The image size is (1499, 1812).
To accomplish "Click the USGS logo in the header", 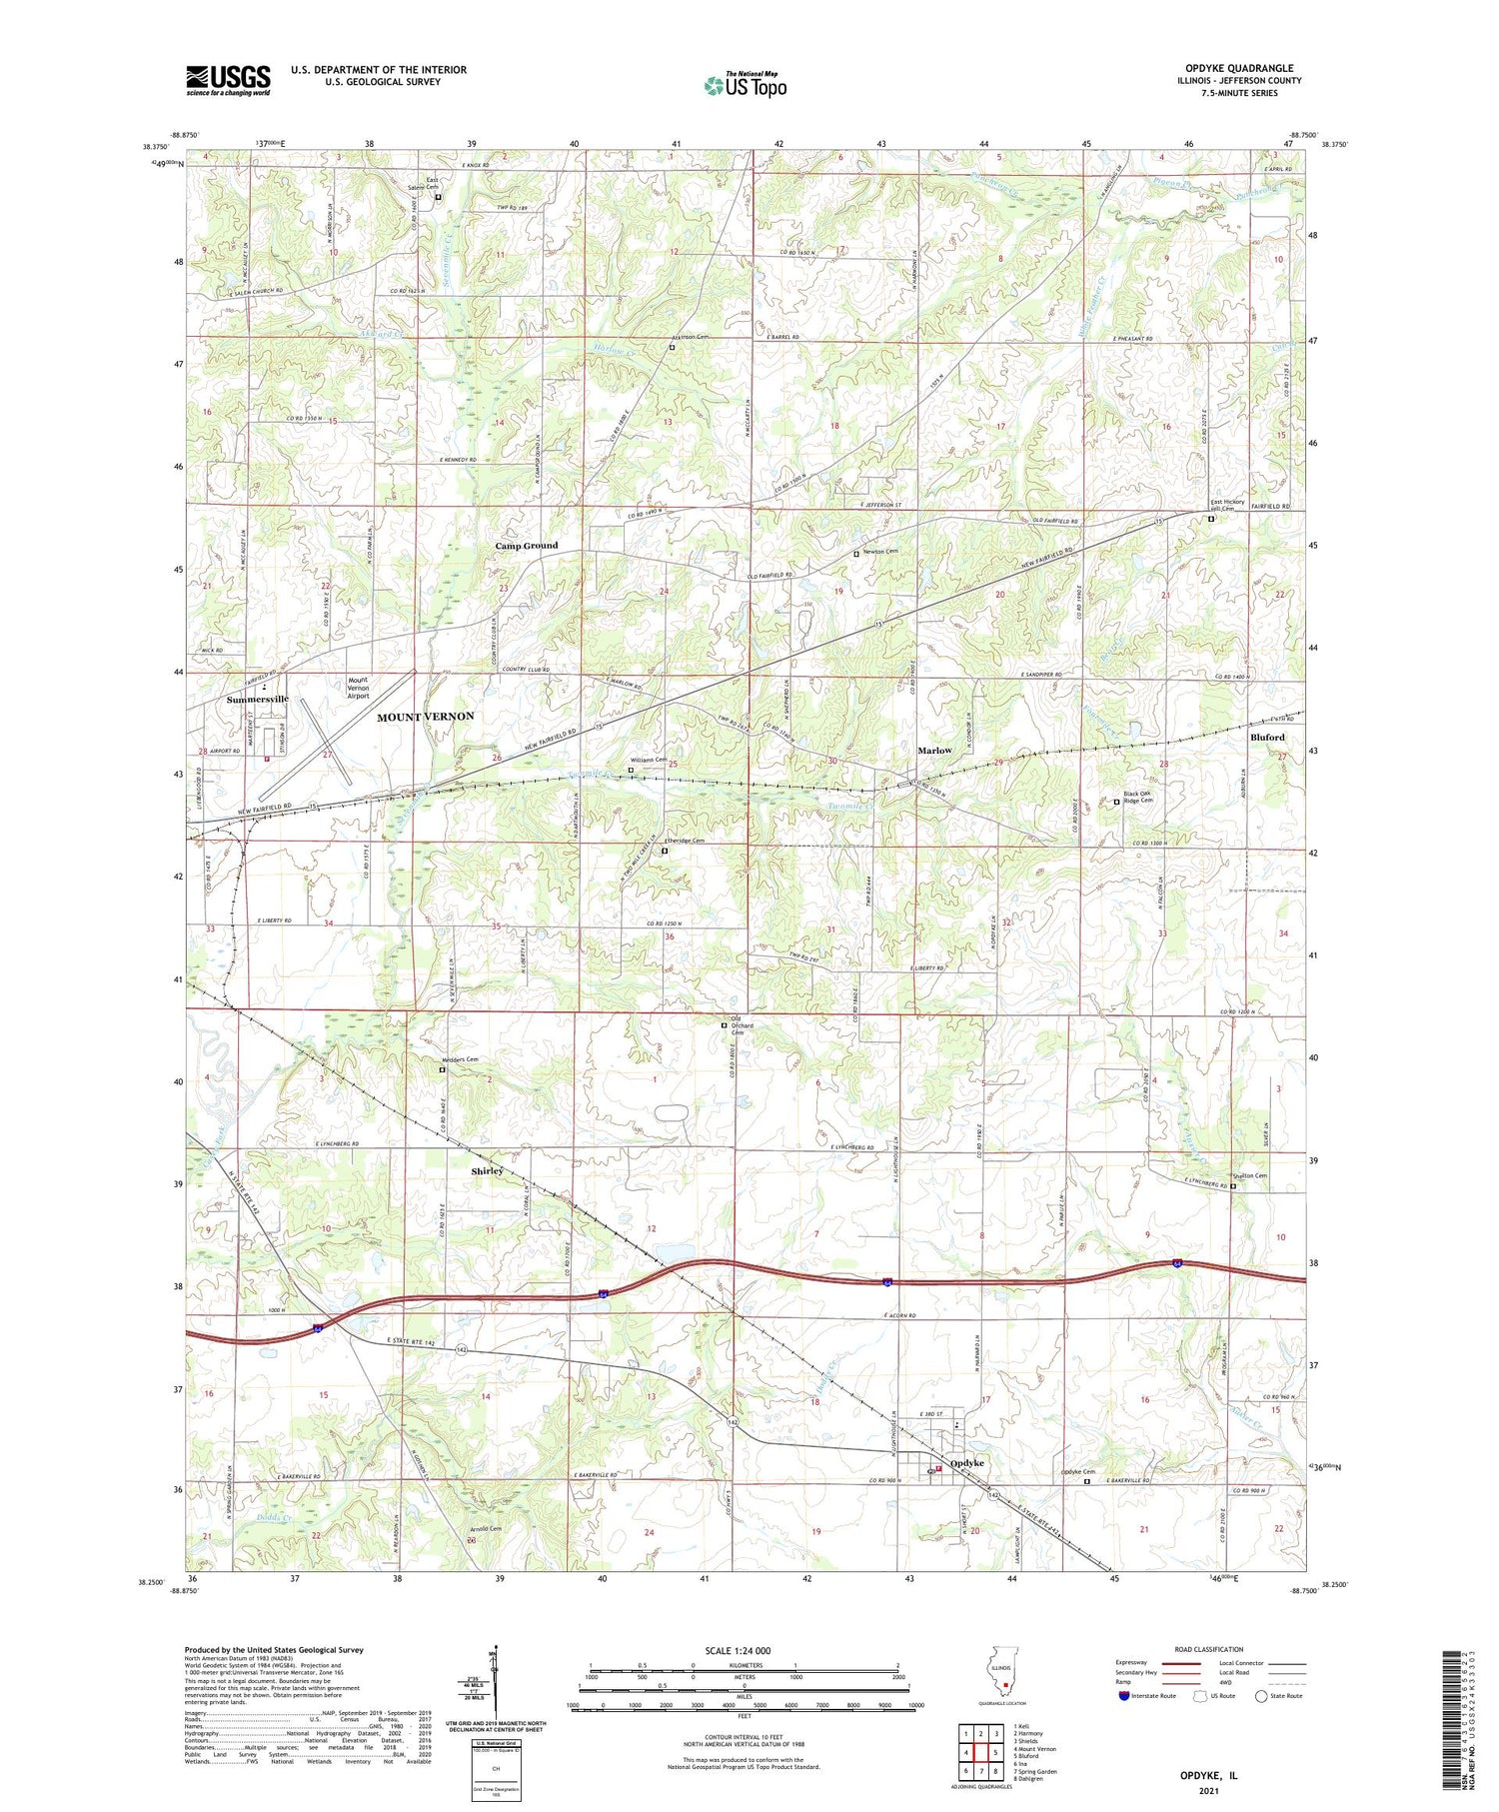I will (227, 80).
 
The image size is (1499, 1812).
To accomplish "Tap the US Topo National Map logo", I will (745, 85).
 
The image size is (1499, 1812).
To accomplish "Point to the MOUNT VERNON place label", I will (425, 717).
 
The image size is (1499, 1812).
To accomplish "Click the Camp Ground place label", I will (527, 546).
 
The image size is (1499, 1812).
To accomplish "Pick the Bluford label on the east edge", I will (1267, 738).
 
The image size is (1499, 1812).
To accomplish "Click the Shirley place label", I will (488, 1170).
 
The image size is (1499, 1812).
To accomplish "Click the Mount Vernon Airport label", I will (358, 688).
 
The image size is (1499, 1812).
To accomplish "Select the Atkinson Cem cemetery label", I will (690, 338).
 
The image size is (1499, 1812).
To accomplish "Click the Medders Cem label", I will (460, 1059).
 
